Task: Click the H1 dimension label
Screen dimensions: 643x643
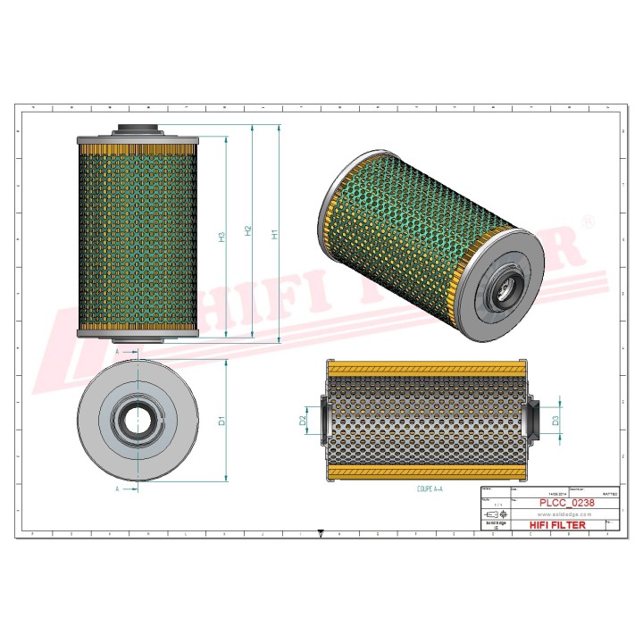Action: (275, 235)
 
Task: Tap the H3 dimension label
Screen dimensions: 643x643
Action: (222, 237)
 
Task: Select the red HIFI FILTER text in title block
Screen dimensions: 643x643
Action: (558, 525)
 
